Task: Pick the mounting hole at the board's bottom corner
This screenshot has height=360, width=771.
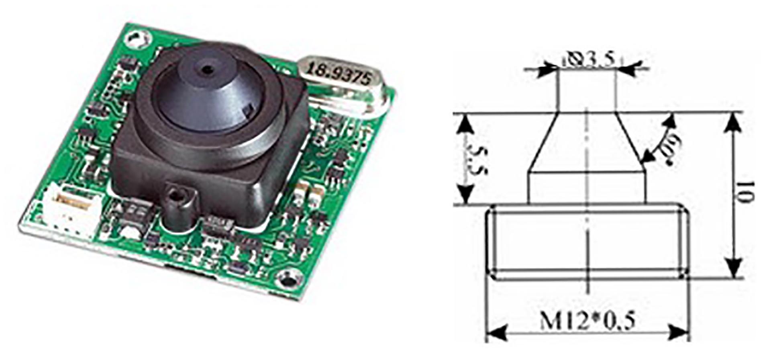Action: (x=289, y=278)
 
